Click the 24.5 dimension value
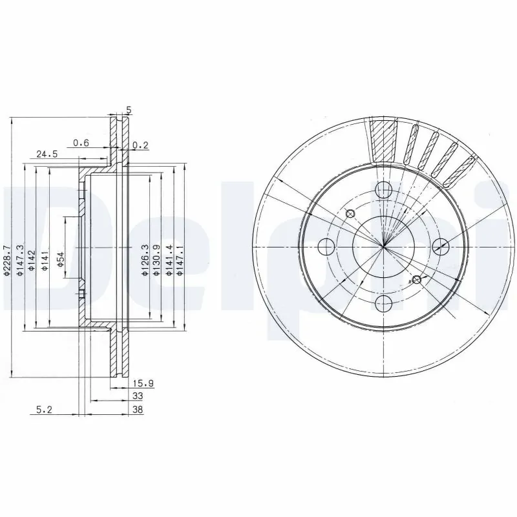(x=47, y=154)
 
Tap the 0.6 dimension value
(x=80, y=143)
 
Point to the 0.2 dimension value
(x=140, y=146)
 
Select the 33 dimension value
(x=137, y=396)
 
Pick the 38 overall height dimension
(x=137, y=409)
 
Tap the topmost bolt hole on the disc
(x=384, y=189)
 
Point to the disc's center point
(x=384, y=246)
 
